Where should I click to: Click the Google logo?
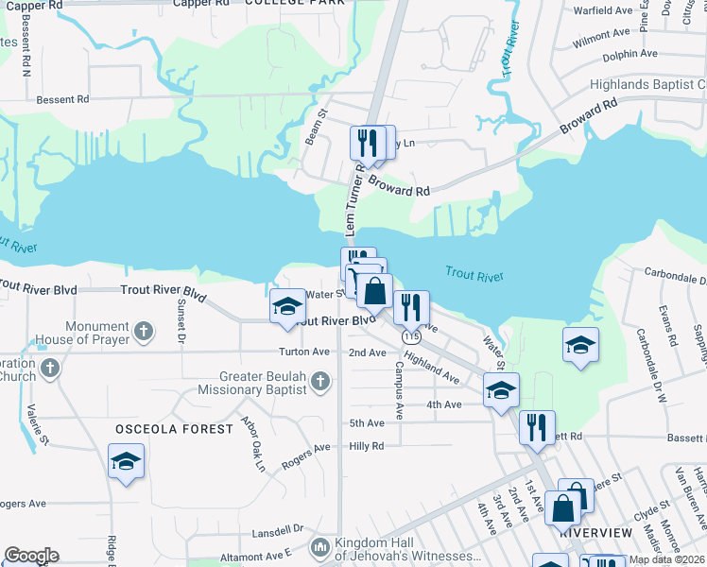coord(31,556)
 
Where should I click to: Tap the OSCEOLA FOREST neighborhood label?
coord(174,429)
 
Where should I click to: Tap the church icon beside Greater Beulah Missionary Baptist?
coord(320,381)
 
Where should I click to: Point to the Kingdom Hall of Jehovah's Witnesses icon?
coord(321,546)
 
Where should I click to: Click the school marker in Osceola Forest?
coord(126,462)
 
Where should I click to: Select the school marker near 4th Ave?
coord(501,389)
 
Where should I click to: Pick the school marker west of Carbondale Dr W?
coord(580,345)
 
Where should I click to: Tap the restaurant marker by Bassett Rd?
coord(536,427)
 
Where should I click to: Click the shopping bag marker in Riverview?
coord(562,507)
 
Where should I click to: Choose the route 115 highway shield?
coord(410,335)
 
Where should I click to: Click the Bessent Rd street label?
coord(62,98)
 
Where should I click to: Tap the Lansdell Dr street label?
coord(278,529)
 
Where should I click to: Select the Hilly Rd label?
coord(367,446)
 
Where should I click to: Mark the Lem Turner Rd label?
coord(353,200)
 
